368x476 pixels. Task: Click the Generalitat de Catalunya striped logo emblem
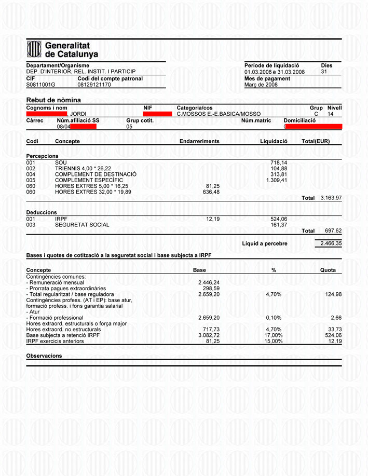(x=34, y=49)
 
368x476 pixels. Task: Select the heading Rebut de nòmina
(x=53, y=100)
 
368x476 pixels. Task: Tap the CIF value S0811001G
(x=40, y=85)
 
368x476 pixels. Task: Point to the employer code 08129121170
(x=94, y=85)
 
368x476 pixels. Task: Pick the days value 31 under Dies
(x=324, y=72)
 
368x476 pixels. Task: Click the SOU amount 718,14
(x=279, y=162)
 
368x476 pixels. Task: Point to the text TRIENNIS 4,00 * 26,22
(x=83, y=169)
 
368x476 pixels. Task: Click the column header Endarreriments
(x=199, y=141)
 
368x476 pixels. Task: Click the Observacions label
(x=44, y=356)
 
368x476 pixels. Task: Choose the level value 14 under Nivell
(x=331, y=113)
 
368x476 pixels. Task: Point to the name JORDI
(x=78, y=113)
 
